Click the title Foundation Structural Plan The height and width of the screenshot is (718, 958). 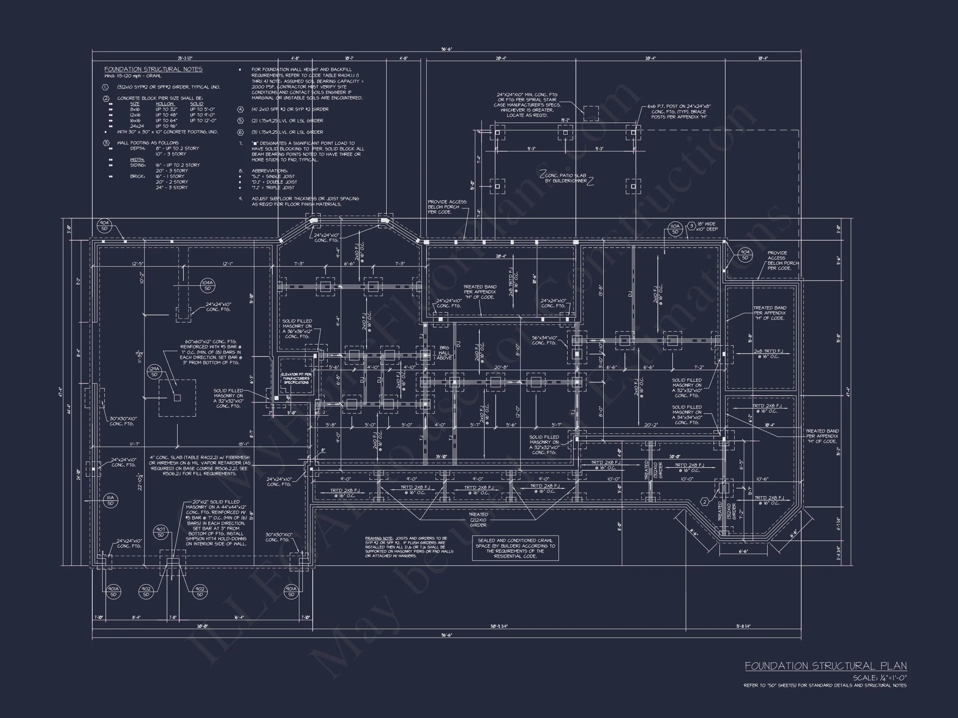pos(825,666)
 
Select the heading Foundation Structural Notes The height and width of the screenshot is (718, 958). pos(153,69)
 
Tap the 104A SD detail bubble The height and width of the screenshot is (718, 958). pos(207,285)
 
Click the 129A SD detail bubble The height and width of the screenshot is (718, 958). pos(154,371)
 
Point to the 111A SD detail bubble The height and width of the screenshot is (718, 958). pos(111,501)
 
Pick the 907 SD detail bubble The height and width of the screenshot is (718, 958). pos(160,532)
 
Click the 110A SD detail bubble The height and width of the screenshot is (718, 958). pos(675,229)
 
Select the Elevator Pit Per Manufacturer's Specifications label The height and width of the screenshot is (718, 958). pos(296,378)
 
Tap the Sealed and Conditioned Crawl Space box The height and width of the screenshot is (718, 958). pos(515,548)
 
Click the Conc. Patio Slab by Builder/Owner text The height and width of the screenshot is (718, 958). pos(565,178)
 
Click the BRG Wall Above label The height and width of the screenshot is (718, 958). pos(444,353)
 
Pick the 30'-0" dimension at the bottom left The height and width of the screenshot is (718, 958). pos(202,626)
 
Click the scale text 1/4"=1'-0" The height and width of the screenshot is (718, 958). pos(879,678)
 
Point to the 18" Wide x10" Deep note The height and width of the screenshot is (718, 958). pos(706,226)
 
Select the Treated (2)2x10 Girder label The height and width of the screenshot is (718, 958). pos(478,520)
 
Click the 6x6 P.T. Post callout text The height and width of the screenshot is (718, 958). pos(679,112)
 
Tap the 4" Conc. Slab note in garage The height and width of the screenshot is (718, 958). pos(200,465)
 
